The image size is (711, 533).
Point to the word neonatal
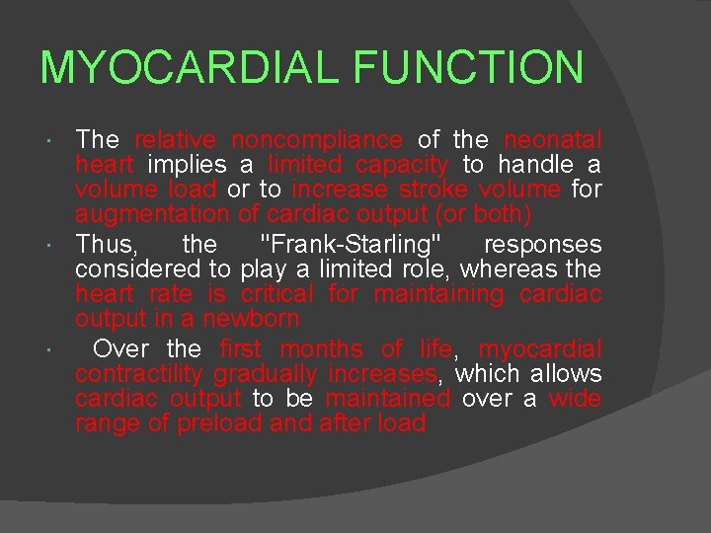tap(553, 140)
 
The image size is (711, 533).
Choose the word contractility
tap(139, 373)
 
